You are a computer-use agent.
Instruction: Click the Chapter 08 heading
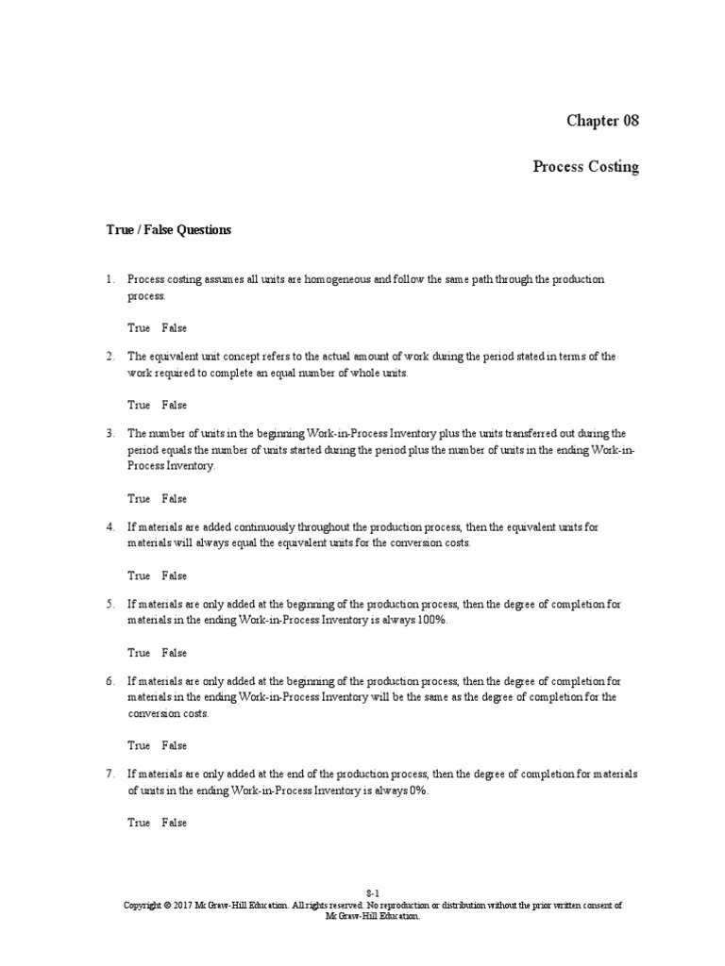601,121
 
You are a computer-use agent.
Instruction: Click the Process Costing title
585,167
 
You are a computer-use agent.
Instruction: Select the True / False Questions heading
167,229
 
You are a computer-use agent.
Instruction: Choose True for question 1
139,328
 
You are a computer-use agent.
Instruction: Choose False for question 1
174,328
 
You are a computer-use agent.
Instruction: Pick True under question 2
139,406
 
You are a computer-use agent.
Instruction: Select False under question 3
174,499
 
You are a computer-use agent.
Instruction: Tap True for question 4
139,575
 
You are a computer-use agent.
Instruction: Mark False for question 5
174,653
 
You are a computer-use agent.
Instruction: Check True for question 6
139,745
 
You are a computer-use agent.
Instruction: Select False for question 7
174,823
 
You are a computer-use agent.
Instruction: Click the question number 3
110,434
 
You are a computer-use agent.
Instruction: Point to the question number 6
110,681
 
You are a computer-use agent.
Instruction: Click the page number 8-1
373,892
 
